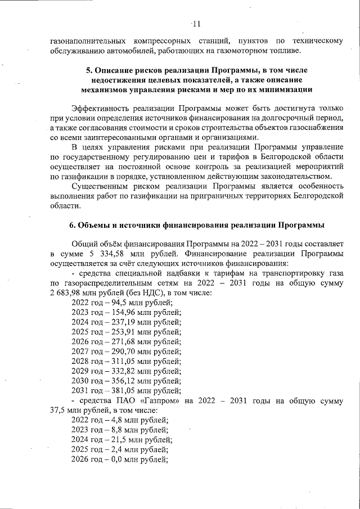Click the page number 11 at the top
point(196,24)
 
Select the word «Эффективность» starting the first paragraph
point(100,108)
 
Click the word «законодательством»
point(292,177)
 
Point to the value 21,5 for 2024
point(118,439)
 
